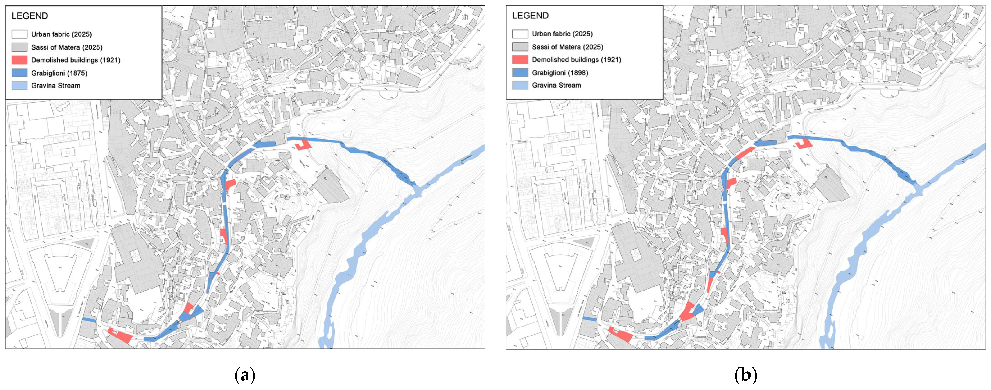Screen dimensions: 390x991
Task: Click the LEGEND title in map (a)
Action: pos(30,16)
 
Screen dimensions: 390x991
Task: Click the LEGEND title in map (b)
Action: pos(530,15)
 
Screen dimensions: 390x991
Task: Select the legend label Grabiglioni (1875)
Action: pos(59,73)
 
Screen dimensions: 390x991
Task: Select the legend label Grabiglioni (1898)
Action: pos(560,73)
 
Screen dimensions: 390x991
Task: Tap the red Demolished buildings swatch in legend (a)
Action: pos(19,60)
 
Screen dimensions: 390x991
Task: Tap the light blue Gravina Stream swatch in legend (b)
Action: pos(520,85)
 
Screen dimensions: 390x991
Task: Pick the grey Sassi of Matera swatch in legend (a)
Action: pos(19,47)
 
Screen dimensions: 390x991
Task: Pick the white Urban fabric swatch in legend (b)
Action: pos(520,34)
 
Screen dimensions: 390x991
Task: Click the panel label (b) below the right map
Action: pos(746,375)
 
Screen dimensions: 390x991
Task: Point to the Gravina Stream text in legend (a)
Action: pos(56,85)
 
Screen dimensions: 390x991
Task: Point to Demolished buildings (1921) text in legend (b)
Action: pos(576,60)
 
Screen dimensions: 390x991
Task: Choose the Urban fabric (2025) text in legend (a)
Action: pos(61,34)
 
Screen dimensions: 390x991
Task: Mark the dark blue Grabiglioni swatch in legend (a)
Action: pos(19,73)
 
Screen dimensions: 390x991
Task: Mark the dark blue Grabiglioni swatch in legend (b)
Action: pos(520,73)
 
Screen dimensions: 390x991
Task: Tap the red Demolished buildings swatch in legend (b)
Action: pos(520,60)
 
